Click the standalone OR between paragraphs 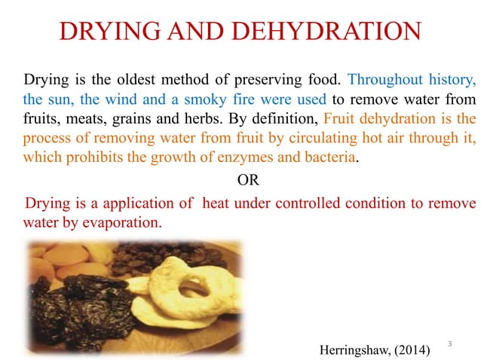pyautogui.click(x=247, y=182)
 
